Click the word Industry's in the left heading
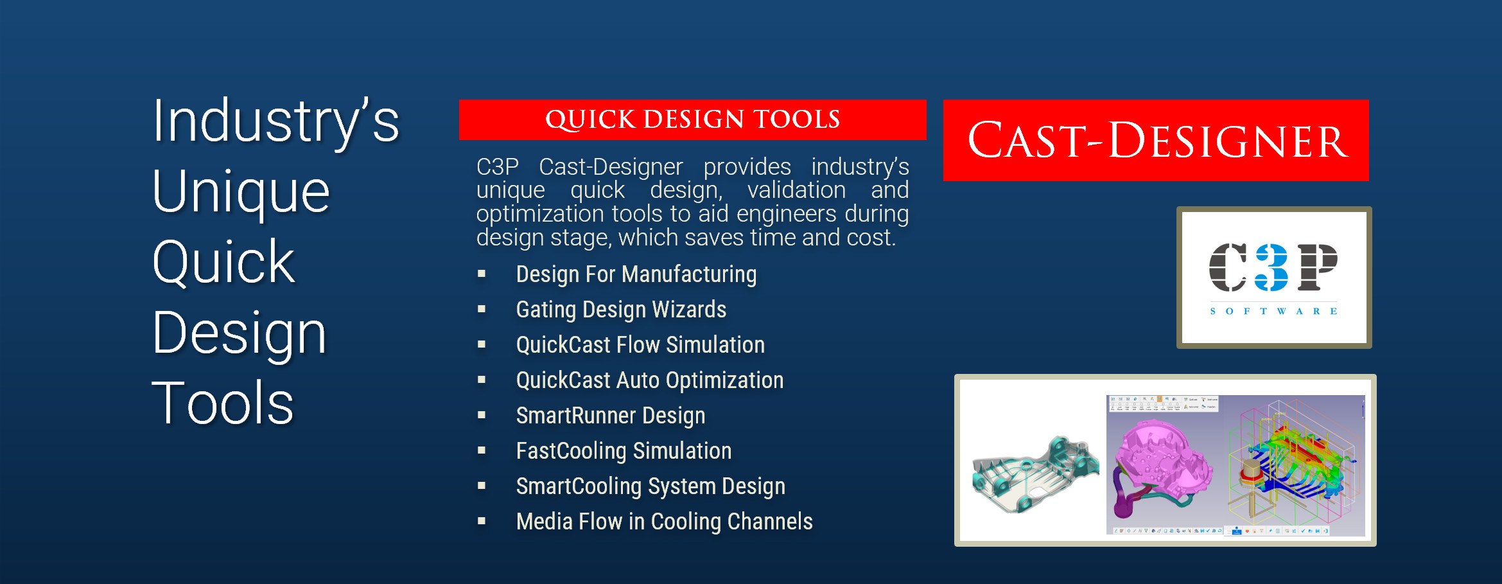pos(276,122)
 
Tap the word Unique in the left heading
pos(241,192)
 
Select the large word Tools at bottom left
pos(223,403)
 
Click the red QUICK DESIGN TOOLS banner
pos(692,119)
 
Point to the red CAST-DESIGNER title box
pos(1156,140)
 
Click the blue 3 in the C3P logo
pos(1272,267)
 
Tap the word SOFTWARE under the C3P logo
pos(1273,311)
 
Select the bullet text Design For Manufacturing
pos(636,274)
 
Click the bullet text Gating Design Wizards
pos(621,310)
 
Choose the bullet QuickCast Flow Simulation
pos(640,345)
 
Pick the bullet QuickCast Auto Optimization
pos(650,380)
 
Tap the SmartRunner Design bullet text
pos(611,416)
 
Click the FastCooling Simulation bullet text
pos(624,451)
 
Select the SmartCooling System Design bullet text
pos(651,486)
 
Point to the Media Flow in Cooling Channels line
pos(664,522)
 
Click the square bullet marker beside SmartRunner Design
pos(482,415)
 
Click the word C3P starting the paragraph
pos(497,167)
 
